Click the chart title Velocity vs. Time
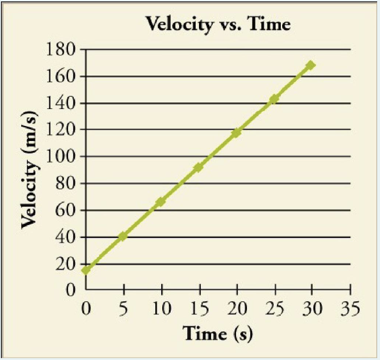(x=218, y=24)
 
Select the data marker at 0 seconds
(x=86, y=270)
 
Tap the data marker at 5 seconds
(x=123, y=236)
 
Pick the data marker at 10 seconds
(x=161, y=202)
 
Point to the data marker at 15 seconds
(x=198, y=167)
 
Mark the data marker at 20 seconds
(x=236, y=133)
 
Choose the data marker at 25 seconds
(x=274, y=99)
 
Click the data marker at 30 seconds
(x=310, y=65)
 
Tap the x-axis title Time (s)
(x=218, y=334)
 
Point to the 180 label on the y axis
(x=62, y=49)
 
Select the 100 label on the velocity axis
(x=62, y=157)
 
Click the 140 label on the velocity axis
(x=62, y=103)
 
